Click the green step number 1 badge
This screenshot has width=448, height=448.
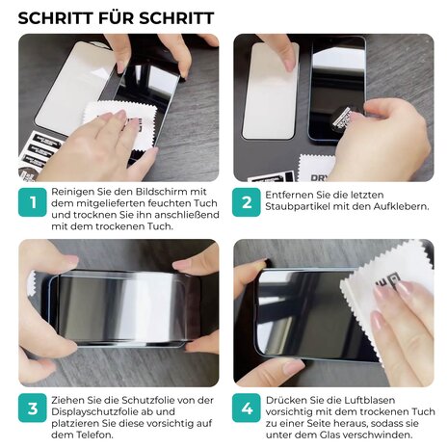pos(33,202)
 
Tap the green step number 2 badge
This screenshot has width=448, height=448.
pos(248,202)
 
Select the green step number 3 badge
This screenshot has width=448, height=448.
pos(33,408)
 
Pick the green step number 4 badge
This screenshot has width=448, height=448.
pos(248,408)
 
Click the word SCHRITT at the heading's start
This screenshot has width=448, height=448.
pos(55,18)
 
